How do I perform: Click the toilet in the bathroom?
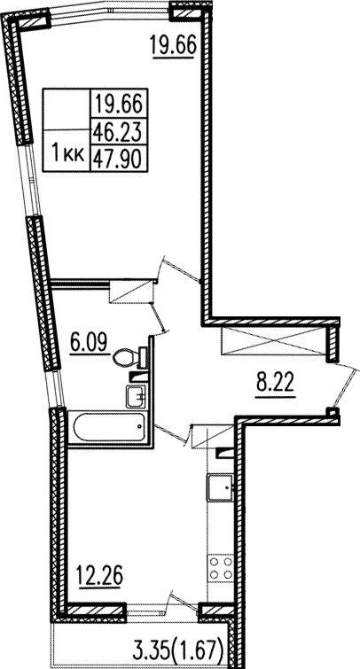click(130, 357)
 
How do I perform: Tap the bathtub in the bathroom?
click(110, 427)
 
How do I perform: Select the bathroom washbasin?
click(137, 396)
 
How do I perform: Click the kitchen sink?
click(221, 487)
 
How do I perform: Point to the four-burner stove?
click(221, 566)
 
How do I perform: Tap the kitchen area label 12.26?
click(99, 577)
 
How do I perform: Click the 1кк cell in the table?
click(67, 151)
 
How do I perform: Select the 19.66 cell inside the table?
click(118, 103)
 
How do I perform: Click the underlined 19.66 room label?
click(173, 46)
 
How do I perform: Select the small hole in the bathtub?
click(140, 427)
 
